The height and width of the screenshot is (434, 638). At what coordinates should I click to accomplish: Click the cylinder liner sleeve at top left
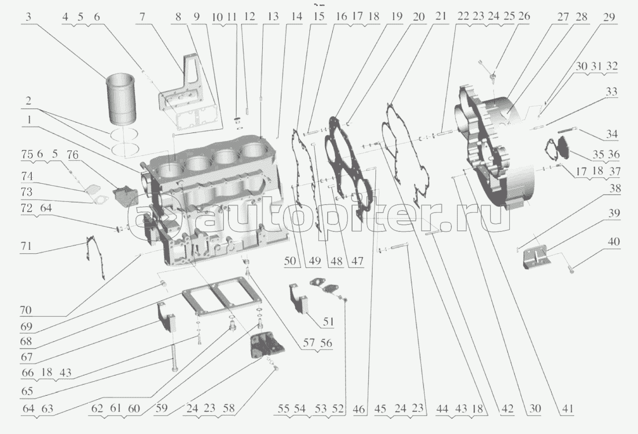click(121, 99)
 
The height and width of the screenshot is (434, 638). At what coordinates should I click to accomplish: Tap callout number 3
click(28, 16)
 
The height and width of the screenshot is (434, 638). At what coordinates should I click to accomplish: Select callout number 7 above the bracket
click(143, 16)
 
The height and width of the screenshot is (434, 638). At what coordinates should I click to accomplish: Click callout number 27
click(563, 16)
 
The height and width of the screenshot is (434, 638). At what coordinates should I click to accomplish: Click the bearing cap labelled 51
click(299, 298)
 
